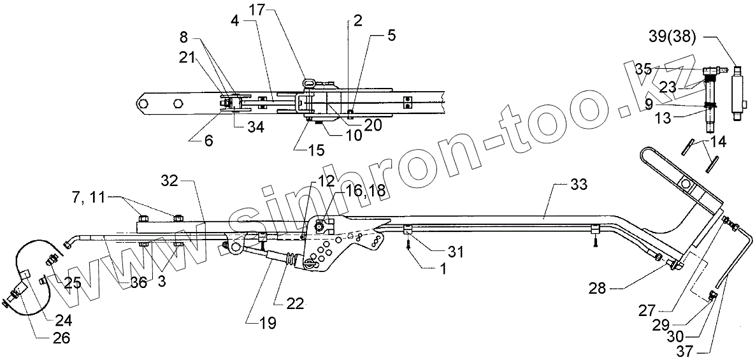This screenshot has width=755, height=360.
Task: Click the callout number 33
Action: coord(577,185)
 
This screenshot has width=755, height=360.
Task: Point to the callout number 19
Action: coord(268,322)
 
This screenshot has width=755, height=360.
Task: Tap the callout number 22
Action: coord(294,303)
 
